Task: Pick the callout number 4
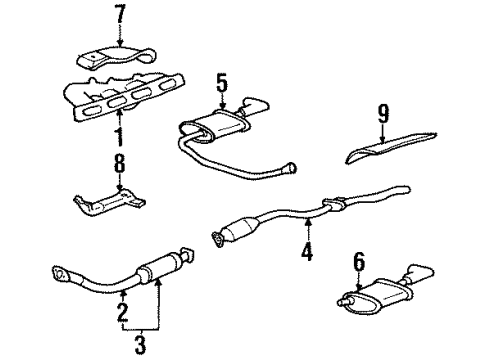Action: coord(307,252)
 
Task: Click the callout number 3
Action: coord(139,345)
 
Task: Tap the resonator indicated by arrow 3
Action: coord(156,270)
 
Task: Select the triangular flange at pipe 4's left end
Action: coord(218,237)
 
